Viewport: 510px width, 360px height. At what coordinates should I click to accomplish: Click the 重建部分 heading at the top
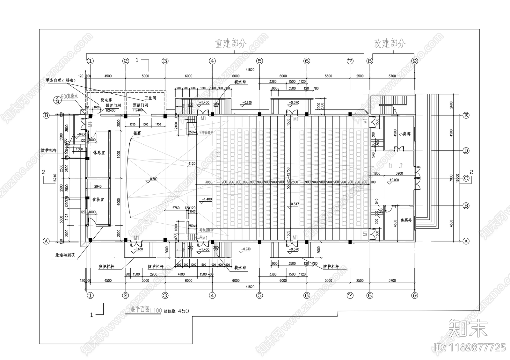230,44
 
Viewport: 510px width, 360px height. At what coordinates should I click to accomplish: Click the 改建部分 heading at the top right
390,44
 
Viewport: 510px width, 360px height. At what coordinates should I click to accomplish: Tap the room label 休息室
99,153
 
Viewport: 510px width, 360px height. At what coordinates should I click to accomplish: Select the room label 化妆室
98,200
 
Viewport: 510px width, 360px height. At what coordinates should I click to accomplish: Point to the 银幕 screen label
137,134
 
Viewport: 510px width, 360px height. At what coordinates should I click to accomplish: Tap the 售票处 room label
406,220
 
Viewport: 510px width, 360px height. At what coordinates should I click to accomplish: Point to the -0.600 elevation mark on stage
153,179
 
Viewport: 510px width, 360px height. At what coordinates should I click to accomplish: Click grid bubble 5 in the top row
259,61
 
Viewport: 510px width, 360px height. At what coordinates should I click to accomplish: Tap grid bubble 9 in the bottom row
414,295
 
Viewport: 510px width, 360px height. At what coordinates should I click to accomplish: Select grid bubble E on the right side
466,115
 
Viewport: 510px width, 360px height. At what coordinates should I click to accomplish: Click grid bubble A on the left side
46,241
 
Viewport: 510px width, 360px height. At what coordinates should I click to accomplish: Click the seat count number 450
183,311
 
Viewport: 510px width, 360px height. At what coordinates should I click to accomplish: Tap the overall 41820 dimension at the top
250,70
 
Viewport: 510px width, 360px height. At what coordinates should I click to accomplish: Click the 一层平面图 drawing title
138,310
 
